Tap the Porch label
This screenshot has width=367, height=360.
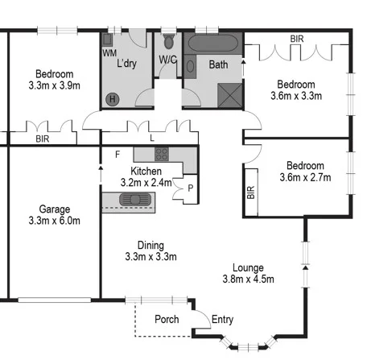(x=166, y=320)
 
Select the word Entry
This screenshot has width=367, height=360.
(x=222, y=320)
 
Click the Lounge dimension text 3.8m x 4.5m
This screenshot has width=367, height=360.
(x=248, y=279)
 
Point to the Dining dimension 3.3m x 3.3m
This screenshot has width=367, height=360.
(x=151, y=257)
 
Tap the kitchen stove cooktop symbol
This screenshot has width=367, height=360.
(x=161, y=153)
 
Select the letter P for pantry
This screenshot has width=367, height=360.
(x=190, y=188)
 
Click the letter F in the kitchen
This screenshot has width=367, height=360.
(x=117, y=154)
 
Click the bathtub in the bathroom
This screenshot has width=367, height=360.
(x=213, y=43)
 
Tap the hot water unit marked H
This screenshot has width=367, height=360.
(x=113, y=98)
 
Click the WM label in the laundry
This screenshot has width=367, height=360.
(x=109, y=52)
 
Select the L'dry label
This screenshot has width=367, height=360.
(x=128, y=63)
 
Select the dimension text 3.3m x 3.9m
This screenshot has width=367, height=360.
(x=54, y=84)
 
